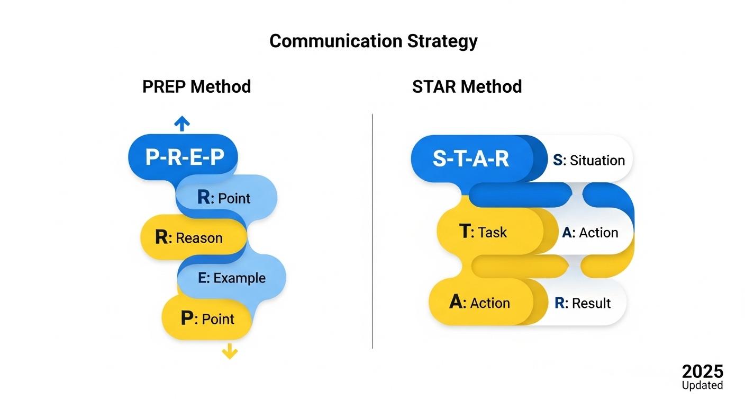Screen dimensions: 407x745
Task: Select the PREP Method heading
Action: click(x=196, y=86)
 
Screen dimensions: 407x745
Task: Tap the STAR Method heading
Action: click(x=467, y=86)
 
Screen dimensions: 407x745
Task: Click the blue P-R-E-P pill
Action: click(x=182, y=157)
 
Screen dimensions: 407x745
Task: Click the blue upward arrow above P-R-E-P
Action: click(x=182, y=124)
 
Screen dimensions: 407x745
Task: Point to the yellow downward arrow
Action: click(x=229, y=351)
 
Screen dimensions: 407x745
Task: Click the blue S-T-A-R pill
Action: click(x=471, y=159)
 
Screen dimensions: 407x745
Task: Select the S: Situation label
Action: click(x=589, y=160)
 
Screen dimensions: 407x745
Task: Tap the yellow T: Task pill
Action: click(x=484, y=232)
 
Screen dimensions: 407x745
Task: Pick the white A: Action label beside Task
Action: click(x=590, y=233)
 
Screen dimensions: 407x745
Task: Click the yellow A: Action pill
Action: click(x=479, y=303)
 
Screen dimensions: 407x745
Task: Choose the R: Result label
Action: click(x=583, y=303)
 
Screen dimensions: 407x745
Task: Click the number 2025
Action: click(x=702, y=371)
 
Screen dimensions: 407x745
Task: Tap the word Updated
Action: click(x=702, y=385)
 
